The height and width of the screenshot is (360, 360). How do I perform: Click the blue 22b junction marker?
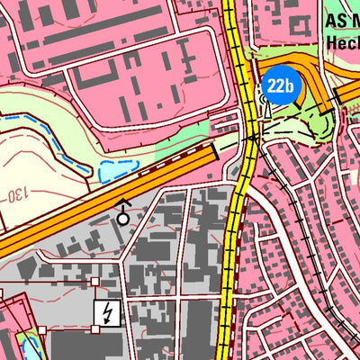pos(280,86)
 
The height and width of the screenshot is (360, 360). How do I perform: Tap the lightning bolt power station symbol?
pos(107,313)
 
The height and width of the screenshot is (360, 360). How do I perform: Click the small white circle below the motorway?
pos(123,217)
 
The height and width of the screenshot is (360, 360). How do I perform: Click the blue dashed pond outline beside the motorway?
pos(117,169)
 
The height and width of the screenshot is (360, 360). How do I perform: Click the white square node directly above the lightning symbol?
pos(95,282)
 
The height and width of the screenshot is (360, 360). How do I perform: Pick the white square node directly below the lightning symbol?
pos(95,329)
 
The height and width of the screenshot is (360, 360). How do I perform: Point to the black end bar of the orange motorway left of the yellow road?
pos(217,155)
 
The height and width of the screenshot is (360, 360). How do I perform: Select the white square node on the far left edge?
pos(3,294)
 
